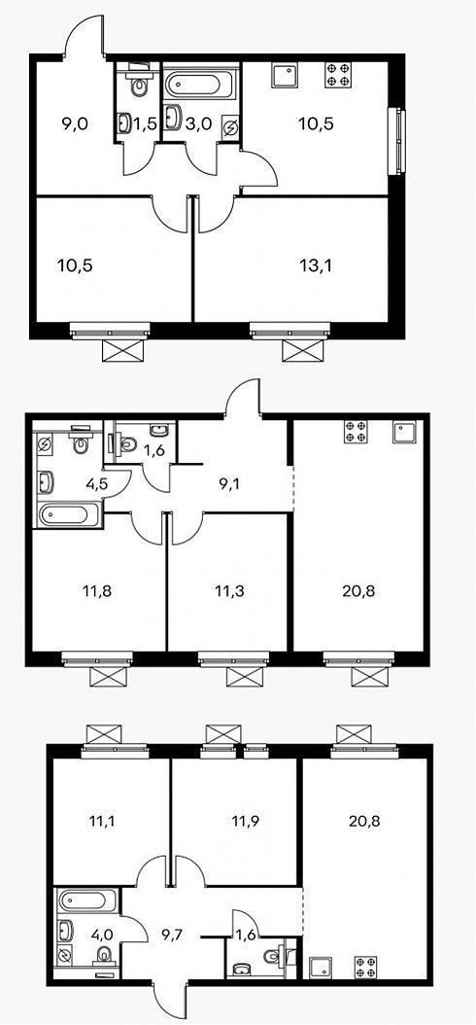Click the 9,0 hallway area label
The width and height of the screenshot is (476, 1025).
click(75, 124)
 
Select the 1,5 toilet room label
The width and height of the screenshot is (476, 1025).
click(147, 124)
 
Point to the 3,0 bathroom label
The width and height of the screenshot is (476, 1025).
click(198, 124)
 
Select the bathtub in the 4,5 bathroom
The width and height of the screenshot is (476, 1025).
click(69, 514)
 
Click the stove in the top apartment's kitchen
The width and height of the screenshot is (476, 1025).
click(337, 74)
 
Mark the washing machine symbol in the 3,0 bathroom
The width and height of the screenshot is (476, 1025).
click(231, 127)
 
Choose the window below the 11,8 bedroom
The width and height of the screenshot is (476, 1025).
click(97, 659)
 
